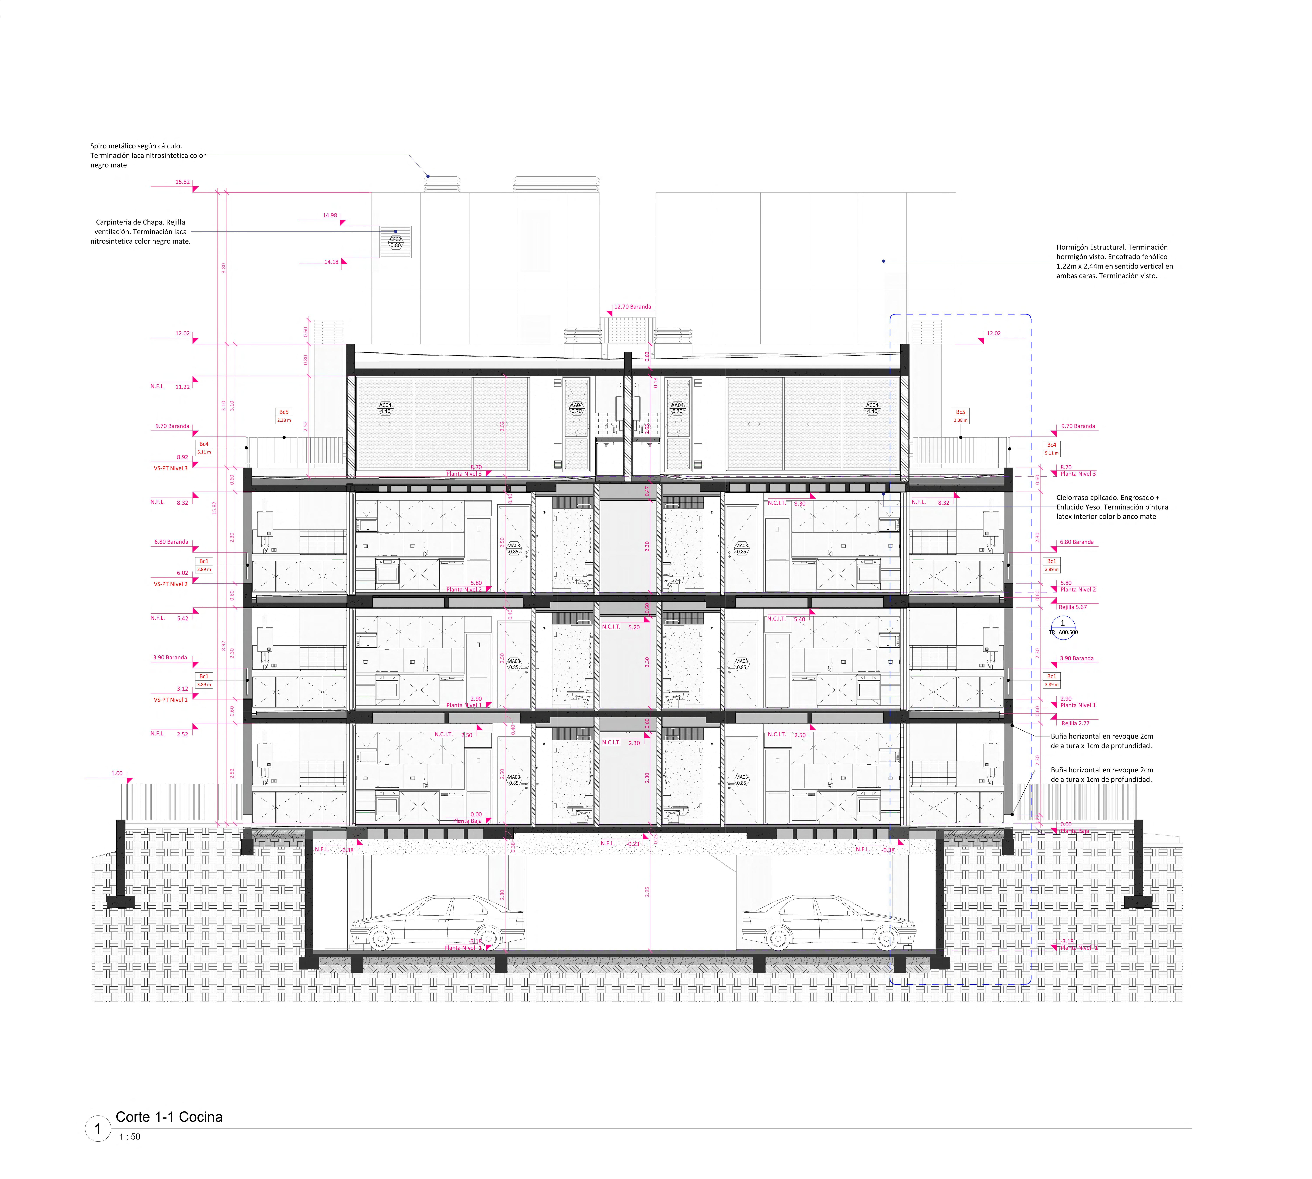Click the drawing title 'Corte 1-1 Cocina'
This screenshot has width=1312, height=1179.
169,1117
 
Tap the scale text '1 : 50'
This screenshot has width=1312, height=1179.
130,1136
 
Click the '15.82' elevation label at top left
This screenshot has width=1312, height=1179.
183,182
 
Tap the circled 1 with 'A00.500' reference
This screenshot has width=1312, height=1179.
1063,627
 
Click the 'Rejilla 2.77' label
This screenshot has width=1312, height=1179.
1075,723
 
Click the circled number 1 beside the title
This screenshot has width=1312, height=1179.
98,1128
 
